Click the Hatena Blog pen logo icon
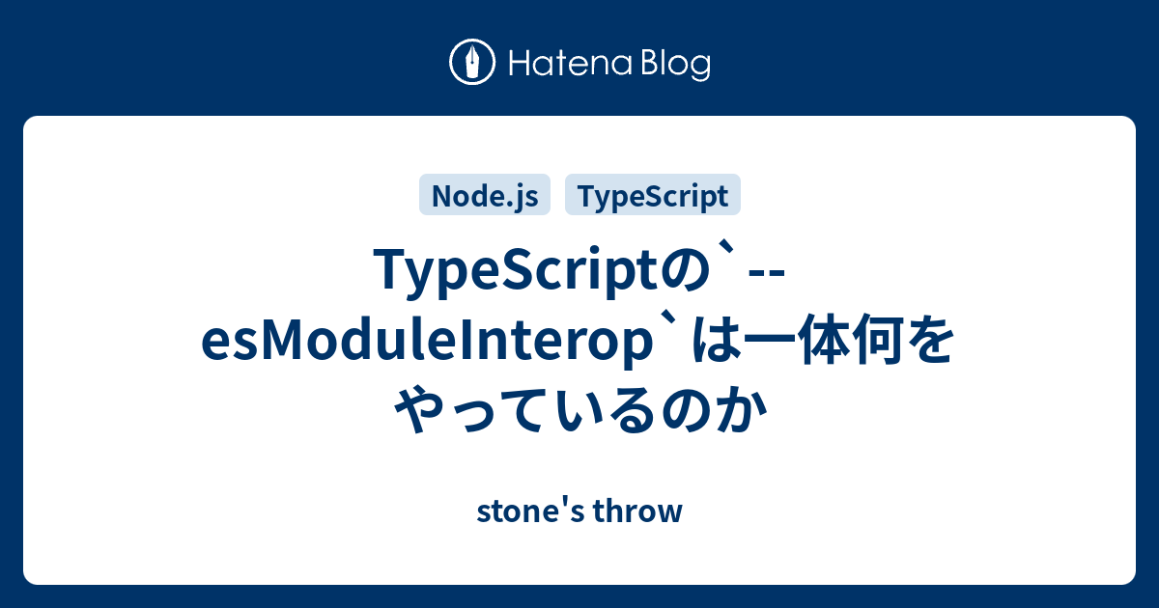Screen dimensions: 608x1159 pyautogui.click(x=473, y=63)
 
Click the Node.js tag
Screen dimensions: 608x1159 pyautogui.click(x=484, y=196)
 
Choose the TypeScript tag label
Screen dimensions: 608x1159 pyautogui.click(x=652, y=196)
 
